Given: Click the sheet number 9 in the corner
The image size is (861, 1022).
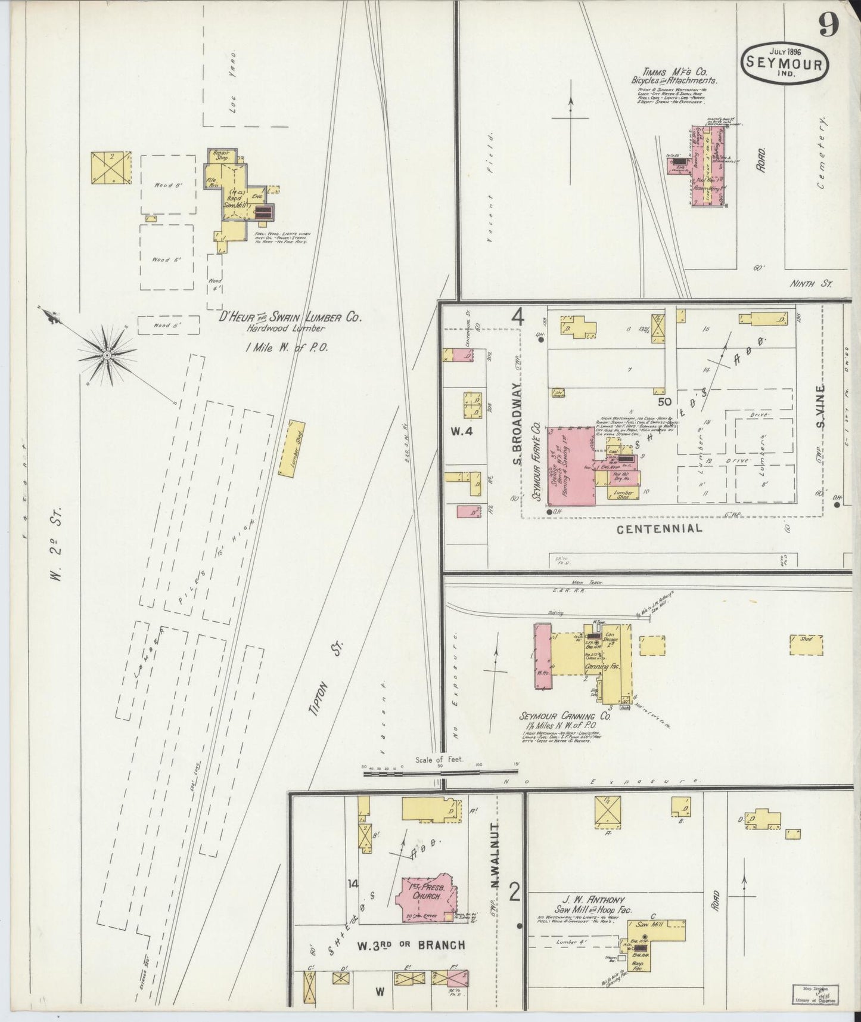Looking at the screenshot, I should click(829, 25).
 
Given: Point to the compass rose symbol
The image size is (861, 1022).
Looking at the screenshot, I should click(107, 355).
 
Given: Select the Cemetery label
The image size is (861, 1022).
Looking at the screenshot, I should click(825, 153).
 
